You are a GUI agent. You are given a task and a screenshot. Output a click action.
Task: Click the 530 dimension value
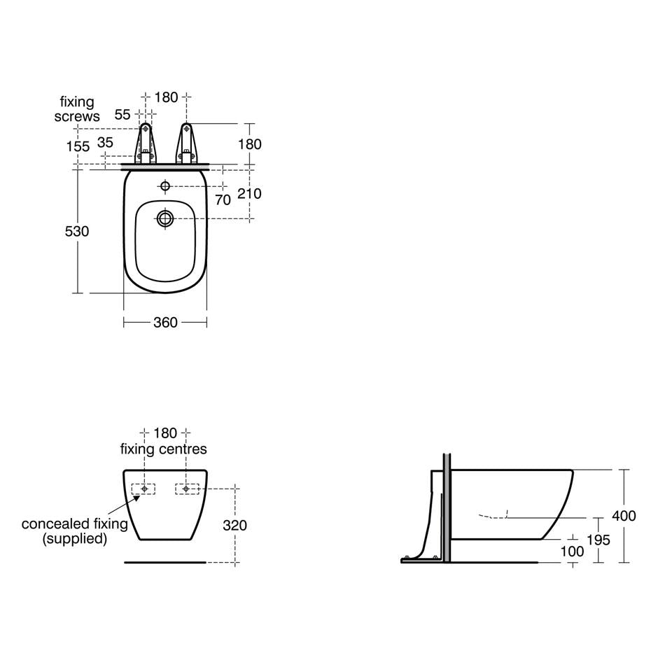pos(77,231)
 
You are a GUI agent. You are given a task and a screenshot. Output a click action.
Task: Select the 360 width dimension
pos(165,322)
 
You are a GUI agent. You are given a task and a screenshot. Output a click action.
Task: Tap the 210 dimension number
pos(250,192)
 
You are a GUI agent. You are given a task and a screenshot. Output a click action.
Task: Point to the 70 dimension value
pos(223,199)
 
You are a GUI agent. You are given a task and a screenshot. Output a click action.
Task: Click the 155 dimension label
pos(78,146)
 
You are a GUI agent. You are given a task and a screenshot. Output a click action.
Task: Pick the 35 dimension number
pos(105,142)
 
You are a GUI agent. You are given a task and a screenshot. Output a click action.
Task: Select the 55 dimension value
pos(122,115)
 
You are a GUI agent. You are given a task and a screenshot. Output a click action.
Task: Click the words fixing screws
pos(77,109)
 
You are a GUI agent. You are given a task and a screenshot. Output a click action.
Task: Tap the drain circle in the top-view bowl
pos(165,218)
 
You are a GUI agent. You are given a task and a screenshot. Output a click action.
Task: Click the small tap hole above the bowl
pos(165,186)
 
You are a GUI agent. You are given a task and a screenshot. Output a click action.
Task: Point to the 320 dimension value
pos(234,525)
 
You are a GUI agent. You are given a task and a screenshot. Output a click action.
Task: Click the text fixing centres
pos(164,449)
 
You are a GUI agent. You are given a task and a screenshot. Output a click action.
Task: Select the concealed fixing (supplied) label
pos(74,531)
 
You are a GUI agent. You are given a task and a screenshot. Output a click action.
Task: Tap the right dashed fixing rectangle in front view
pos(187,489)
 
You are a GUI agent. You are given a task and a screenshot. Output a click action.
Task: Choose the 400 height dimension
pos(623,516)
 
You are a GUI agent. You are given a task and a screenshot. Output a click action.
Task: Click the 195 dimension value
pos(598,540)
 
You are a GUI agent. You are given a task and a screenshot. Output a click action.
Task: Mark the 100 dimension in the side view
pos(572,552)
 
